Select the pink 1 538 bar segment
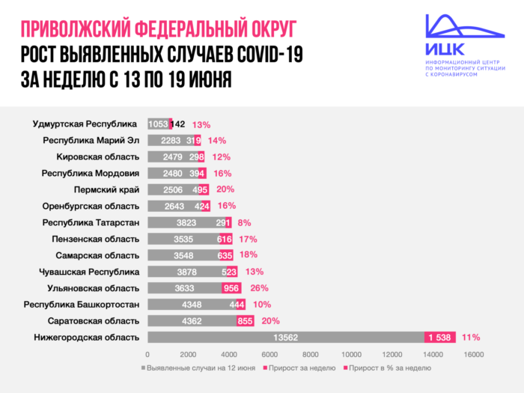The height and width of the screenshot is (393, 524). click(x=439, y=337)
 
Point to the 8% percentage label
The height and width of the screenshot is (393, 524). click(x=243, y=222)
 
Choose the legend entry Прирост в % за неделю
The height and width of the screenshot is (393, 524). click(x=386, y=368)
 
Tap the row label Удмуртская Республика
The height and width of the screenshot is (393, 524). click(x=85, y=124)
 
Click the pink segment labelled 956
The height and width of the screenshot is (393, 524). click(x=231, y=287)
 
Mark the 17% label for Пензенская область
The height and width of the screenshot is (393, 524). click(x=249, y=239)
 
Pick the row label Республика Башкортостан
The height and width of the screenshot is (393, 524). click(x=82, y=304)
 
